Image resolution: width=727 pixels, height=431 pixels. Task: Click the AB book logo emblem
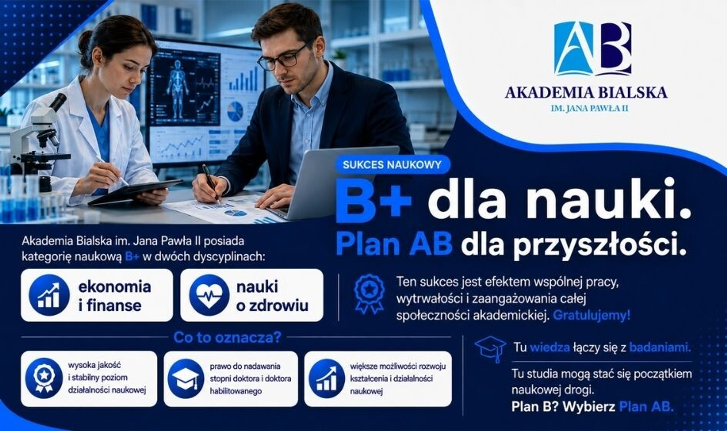593,48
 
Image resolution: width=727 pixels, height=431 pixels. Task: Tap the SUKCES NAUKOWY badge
392,164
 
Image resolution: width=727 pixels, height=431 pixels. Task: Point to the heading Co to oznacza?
227,337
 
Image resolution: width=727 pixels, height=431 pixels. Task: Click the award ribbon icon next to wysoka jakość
44,378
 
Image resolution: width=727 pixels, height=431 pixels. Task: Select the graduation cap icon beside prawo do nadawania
186,378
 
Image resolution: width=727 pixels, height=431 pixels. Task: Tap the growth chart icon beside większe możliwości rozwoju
327,378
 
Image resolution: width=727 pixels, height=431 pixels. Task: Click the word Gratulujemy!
591,315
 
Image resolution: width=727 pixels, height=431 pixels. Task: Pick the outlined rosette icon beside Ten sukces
369,294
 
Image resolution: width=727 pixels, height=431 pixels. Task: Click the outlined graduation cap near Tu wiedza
490,349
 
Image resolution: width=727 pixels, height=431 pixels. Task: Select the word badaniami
660,347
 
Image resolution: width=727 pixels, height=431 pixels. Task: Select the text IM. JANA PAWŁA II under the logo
589,108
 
